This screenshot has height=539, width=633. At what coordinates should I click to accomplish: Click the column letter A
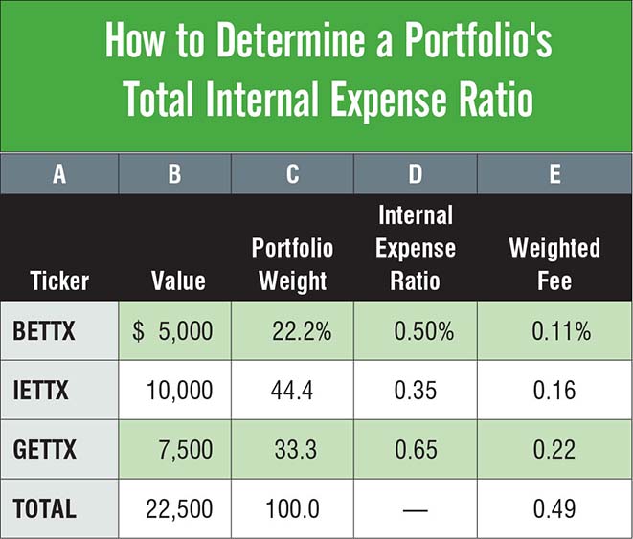[x=59, y=174]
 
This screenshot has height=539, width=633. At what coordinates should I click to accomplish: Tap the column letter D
[x=416, y=174]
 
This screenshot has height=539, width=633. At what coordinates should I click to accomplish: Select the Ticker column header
[x=59, y=281]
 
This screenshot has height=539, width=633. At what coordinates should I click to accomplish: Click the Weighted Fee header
[x=554, y=264]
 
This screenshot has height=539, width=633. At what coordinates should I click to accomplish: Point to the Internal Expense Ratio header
[x=416, y=248]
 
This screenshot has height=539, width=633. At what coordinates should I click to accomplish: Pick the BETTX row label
[x=44, y=331]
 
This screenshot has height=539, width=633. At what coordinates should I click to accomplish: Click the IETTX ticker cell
[x=41, y=391]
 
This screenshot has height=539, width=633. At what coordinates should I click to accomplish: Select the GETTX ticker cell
[x=44, y=449]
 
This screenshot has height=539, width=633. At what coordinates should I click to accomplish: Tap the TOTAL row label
[x=44, y=508]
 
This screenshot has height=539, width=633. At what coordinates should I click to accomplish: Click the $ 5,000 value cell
[x=172, y=331]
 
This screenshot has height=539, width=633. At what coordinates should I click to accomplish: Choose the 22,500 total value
[x=179, y=509]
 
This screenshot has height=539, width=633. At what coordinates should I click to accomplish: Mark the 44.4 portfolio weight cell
[x=292, y=391]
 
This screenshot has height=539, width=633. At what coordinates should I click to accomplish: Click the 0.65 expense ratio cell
[x=416, y=450]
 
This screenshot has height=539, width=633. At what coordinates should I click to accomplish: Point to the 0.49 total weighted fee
[x=554, y=508]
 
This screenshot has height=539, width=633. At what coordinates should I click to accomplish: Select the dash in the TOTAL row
[x=416, y=510]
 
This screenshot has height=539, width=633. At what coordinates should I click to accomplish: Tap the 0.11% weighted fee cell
[x=561, y=331]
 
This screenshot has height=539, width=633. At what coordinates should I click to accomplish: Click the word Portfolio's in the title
[x=479, y=39]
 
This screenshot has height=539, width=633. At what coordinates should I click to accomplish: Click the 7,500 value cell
[x=185, y=450]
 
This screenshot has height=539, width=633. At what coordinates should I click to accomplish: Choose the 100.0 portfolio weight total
[x=292, y=508]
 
